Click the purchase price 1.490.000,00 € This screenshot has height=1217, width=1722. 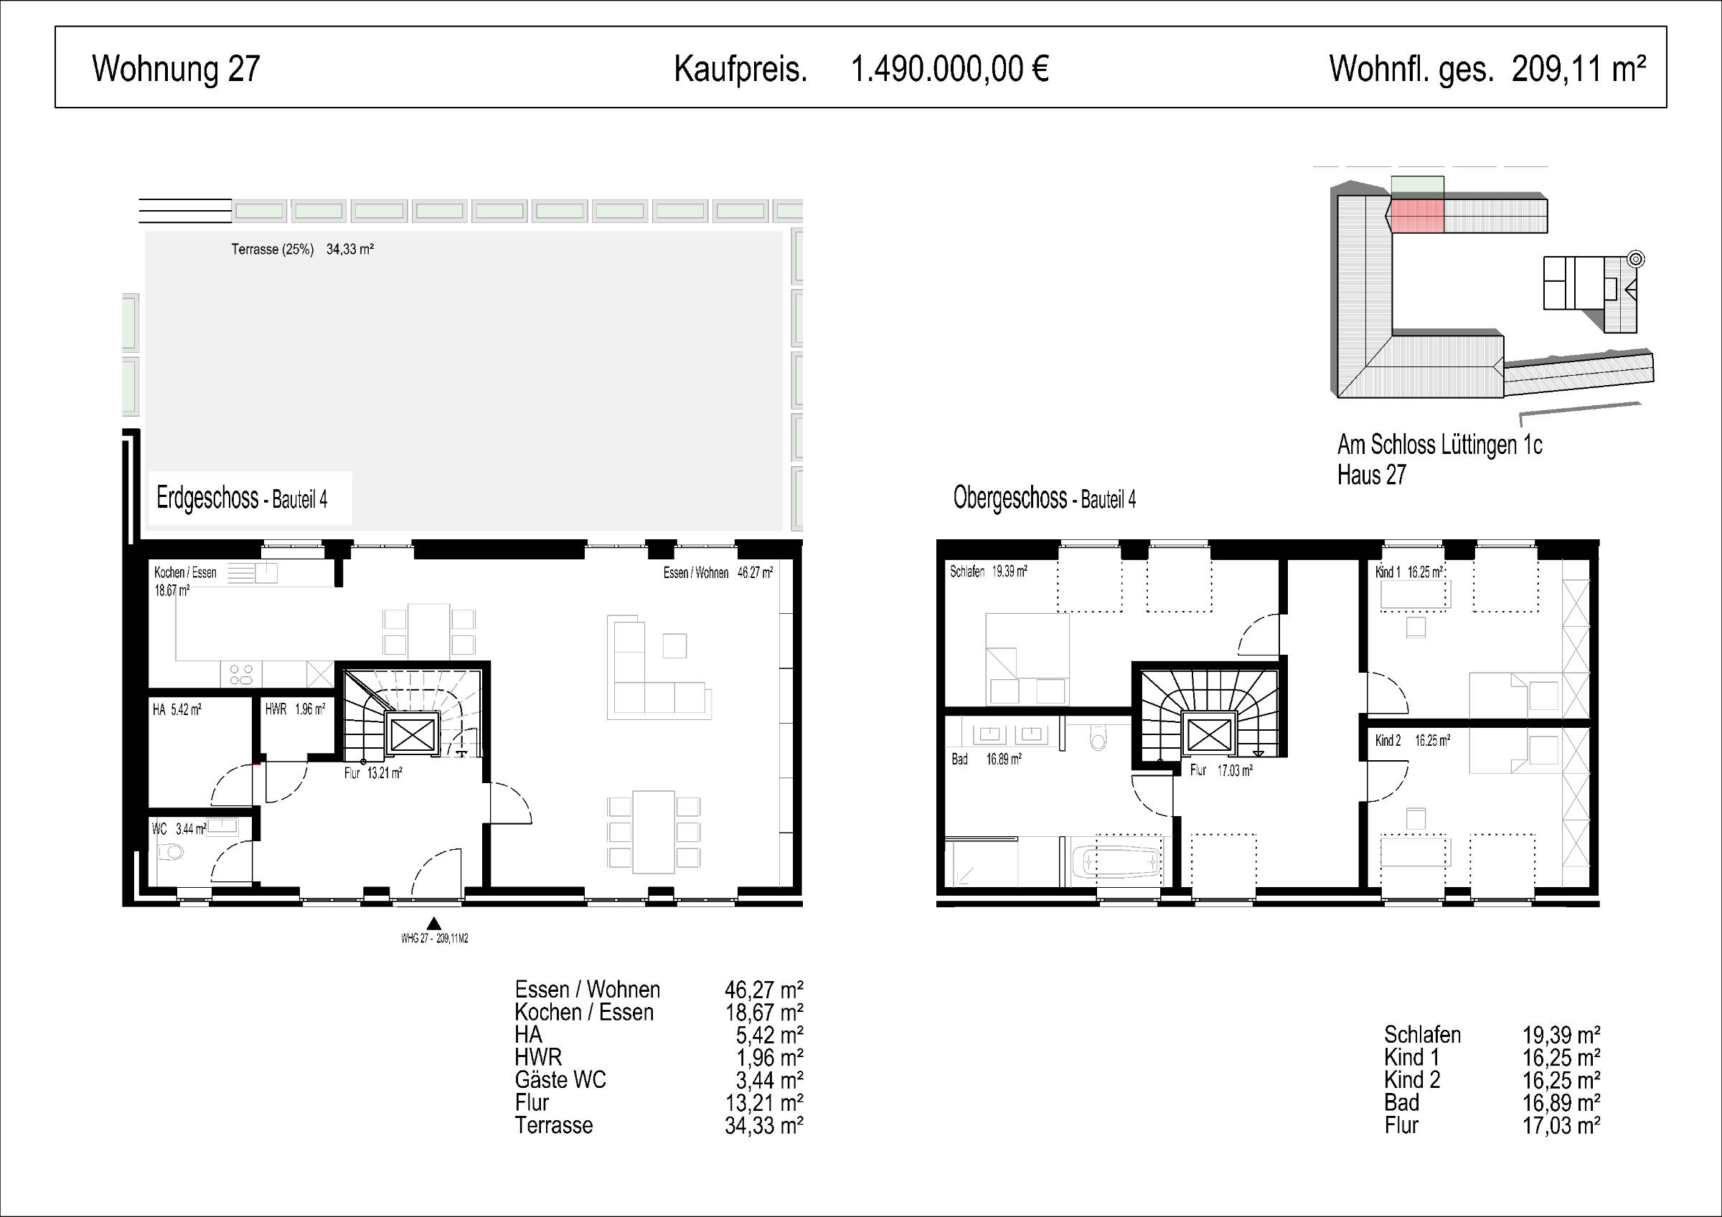(x=949, y=69)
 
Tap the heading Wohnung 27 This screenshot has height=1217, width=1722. (x=177, y=69)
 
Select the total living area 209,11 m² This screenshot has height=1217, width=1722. (x=1578, y=69)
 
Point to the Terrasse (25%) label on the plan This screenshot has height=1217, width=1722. (x=272, y=249)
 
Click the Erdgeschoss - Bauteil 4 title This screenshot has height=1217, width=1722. (x=242, y=498)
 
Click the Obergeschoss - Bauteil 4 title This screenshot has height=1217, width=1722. (x=1044, y=498)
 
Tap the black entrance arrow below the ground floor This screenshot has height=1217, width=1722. (x=433, y=924)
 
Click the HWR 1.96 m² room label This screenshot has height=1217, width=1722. (x=295, y=709)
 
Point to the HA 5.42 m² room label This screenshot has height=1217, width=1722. (x=177, y=709)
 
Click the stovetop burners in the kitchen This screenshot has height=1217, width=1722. (x=242, y=675)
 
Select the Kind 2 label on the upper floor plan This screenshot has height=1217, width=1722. (x=1388, y=741)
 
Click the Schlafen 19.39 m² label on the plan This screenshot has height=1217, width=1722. (x=989, y=572)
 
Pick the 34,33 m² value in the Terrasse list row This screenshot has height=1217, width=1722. (x=764, y=1125)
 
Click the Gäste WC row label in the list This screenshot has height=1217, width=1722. (x=560, y=1080)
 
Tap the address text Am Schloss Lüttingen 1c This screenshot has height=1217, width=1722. (x=1439, y=445)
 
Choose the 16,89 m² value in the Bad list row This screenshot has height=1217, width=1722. (x=1561, y=1103)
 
